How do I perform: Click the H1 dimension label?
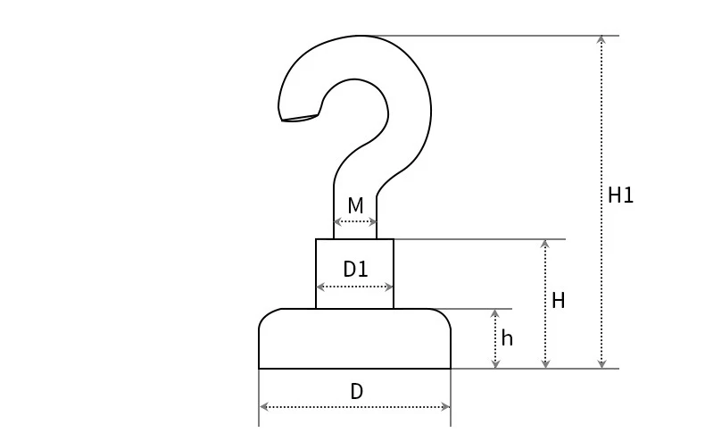point(620,196)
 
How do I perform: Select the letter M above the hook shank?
point(355,206)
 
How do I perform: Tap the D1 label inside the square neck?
point(355,269)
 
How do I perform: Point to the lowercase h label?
point(507,338)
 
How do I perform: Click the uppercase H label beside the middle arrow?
point(559,301)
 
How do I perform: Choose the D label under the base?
point(356,392)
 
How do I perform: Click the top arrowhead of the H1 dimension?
point(601,39)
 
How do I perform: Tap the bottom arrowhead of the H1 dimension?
point(601,364)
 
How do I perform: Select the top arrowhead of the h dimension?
point(495,313)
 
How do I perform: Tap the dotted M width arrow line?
point(355,221)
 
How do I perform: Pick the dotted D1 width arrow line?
point(355,287)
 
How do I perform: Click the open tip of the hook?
point(299,118)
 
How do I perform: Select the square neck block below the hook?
point(354,254)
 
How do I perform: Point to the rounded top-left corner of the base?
point(267,317)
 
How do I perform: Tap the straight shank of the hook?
point(355,192)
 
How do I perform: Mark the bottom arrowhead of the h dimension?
point(495,364)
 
